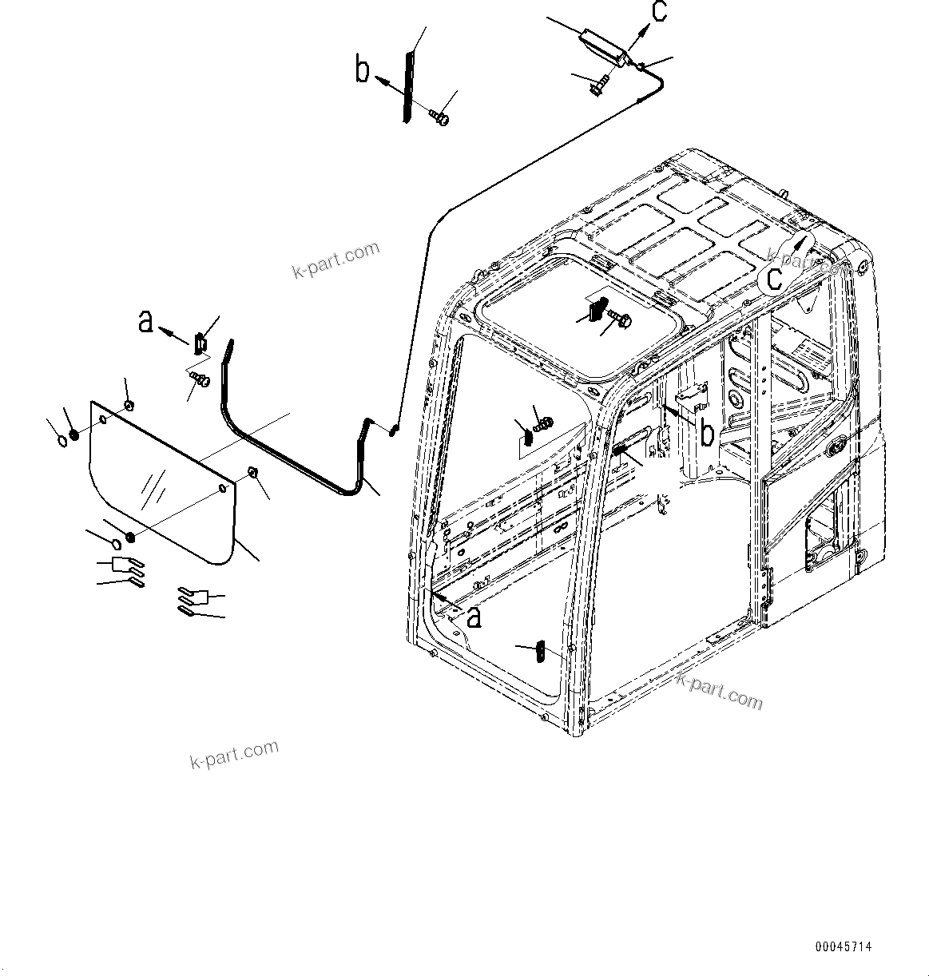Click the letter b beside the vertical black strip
[363, 69]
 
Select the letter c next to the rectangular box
[658, 12]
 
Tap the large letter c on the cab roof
[774, 276]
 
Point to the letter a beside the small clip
[145, 321]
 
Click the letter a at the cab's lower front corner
[474, 616]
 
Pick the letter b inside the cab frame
[707, 432]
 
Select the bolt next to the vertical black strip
[438, 117]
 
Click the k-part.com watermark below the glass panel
[234, 753]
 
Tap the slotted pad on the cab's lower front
[540, 652]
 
